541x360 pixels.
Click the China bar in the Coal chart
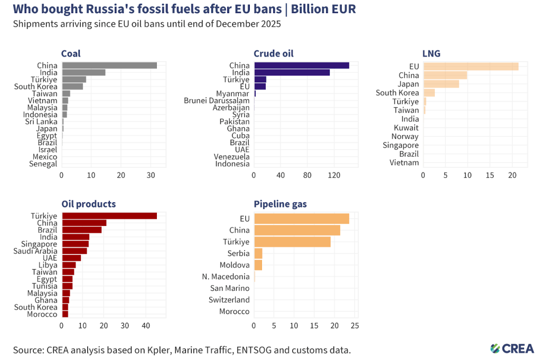tap(109, 65)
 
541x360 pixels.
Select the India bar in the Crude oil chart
tap(292, 72)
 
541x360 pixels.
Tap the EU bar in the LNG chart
tap(470, 67)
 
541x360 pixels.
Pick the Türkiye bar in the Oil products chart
tap(109, 215)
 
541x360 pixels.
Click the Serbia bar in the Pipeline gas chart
tap(258, 253)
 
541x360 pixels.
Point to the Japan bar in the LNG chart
tap(441, 84)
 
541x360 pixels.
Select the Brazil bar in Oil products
tap(82, 230)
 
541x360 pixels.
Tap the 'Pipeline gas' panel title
tap(280, 204)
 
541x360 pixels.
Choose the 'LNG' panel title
tap(431, 53)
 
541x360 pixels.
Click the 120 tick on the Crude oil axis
tap(333, 175)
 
